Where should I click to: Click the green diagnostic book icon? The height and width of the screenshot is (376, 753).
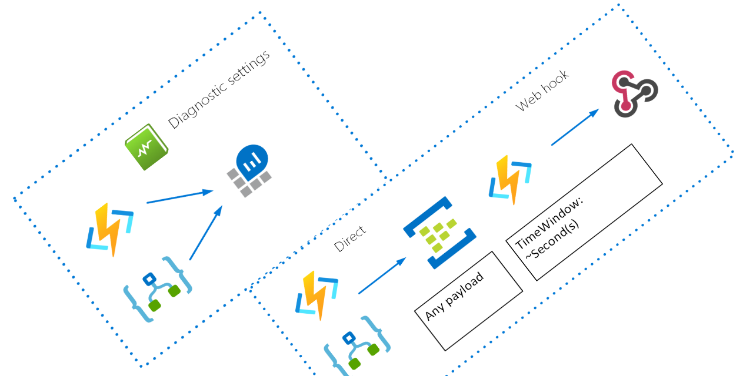(x=146, y=147)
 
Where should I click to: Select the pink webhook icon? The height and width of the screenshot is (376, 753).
(x=635, y=93)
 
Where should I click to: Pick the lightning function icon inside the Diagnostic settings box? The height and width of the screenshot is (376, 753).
(x=110, y=230)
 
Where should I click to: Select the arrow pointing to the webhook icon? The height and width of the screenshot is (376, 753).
(x=575, y=127)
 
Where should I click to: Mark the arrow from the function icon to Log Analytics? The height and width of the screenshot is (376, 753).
(x=179, y=197)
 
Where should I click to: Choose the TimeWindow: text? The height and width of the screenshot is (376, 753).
(x=548, y=226)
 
